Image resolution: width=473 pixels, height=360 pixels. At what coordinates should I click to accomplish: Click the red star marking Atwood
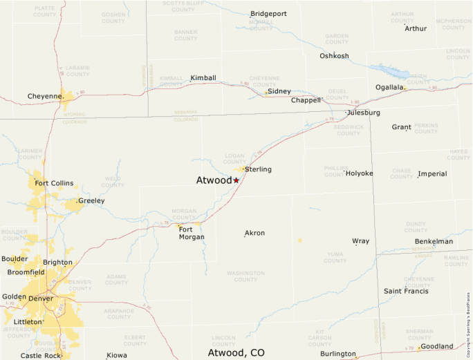click(x=236, y=180)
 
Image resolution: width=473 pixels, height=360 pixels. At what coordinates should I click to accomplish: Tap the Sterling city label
click(x=258, y=169)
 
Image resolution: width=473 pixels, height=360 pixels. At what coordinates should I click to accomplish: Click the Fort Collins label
click(x=54, y=183)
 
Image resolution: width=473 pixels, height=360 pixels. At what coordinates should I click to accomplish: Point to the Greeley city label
click(x=91, y=201)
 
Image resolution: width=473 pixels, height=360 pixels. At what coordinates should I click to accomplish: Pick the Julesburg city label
click(x=364, y=113)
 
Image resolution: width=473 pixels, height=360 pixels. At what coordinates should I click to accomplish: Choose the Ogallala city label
click(x=389, y=87)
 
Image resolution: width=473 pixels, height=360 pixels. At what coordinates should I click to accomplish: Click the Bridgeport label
click(x=268, y=14)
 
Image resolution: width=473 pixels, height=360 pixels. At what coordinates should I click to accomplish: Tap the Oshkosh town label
click(x=334, y=56)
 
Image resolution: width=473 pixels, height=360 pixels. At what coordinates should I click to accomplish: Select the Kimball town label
click(x=203, y=77)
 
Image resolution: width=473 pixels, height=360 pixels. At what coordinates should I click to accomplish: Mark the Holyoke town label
click(x=359, y=173)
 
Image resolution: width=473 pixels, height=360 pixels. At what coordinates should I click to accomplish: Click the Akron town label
click(x=254, y=234)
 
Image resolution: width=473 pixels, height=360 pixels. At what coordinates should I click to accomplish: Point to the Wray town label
click(x=360, y=241)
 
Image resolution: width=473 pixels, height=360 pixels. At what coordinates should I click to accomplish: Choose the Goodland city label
click(x=437, y=346)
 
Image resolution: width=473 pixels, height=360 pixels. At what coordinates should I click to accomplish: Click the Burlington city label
click(x=337, y=354)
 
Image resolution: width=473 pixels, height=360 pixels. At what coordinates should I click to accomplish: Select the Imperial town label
click(x=432, y=174)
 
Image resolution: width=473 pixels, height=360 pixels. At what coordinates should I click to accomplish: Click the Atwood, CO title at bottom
click(x=236, y=352)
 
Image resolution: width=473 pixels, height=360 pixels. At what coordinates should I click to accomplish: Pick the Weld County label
click(x=113, y=182)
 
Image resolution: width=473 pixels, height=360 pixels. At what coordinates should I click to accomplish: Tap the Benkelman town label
click(x=434, y=241)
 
